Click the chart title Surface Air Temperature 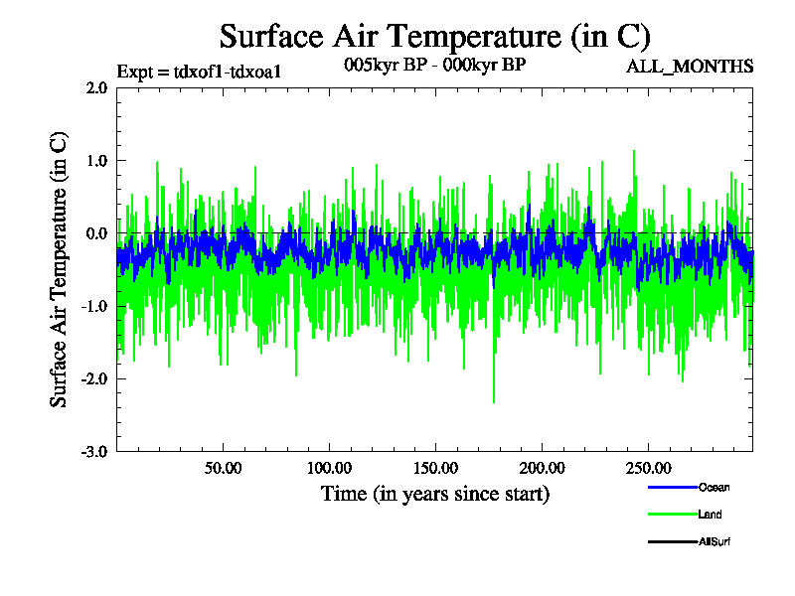coord(434,37)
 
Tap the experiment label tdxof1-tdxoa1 coord(192,72)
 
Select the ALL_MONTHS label coord(689,67)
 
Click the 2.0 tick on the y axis coord(96,87)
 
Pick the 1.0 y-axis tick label coord(96,160)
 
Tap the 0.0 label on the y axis coord(96,233)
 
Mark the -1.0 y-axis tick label coord(94,306)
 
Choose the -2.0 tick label coord(94,378)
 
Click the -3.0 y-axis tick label coord(94,452)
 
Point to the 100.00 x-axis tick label coord(329,467)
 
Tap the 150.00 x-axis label coord(434,467)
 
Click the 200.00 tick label coord(541,467)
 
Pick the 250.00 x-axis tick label coord(647,467)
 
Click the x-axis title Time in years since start coord(434,494)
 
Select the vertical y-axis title coord(60,269)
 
